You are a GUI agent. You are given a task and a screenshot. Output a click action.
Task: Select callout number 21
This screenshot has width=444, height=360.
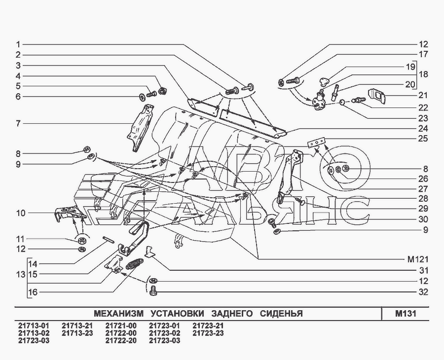pyautogui.click(x=423, y=95)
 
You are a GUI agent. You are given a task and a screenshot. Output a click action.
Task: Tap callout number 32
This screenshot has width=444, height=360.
pyautogui.click(x=423, y=292)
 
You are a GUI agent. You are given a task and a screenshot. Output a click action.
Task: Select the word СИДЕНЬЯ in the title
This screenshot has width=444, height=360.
pyautogui.click(x=280, y=314)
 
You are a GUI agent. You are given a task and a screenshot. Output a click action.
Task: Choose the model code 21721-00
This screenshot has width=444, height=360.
pyautogui.click(x=121, y=326)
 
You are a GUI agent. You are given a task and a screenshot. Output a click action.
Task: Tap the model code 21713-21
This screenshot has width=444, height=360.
pyautogui.click(x=77, y=326)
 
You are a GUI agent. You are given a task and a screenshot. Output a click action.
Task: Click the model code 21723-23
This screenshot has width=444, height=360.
pyautogui.click(x=208, y=333)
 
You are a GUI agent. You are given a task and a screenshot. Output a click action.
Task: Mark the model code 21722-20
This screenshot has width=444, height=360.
pyautogui.click(x=121, y=341)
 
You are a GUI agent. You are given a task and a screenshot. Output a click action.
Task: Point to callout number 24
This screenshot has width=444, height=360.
pyautogui.click(x=423, y=128)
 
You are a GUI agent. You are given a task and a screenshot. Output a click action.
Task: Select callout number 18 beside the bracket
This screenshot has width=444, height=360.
pyautogui.click(x=423, y=74)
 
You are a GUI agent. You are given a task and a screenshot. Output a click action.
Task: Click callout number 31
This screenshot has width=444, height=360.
pyautogui.click(x=423, y=270)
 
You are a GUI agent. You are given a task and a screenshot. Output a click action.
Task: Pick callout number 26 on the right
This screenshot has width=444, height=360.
pyautogui.click(x=423, y=179)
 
